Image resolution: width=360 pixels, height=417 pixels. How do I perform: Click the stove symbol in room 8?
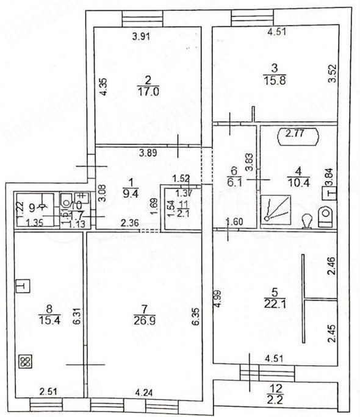pyautogui.click(x=25, y=361)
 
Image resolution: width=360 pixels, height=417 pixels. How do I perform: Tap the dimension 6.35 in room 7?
pyautogui.click(x=196, y=317)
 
